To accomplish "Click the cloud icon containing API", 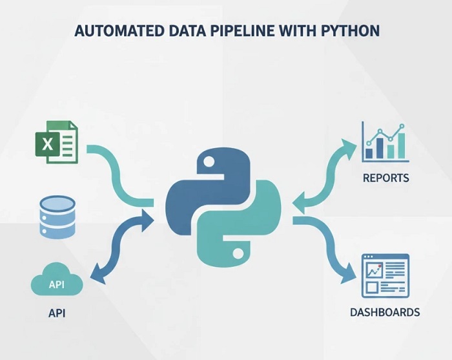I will (x=57, y=282).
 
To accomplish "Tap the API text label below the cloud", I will (x=57, y=313).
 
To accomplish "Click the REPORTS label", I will (x=386, y=178).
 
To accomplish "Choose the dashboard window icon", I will (x=385, y=275).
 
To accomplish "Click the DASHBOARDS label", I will (x=385, y=313).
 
